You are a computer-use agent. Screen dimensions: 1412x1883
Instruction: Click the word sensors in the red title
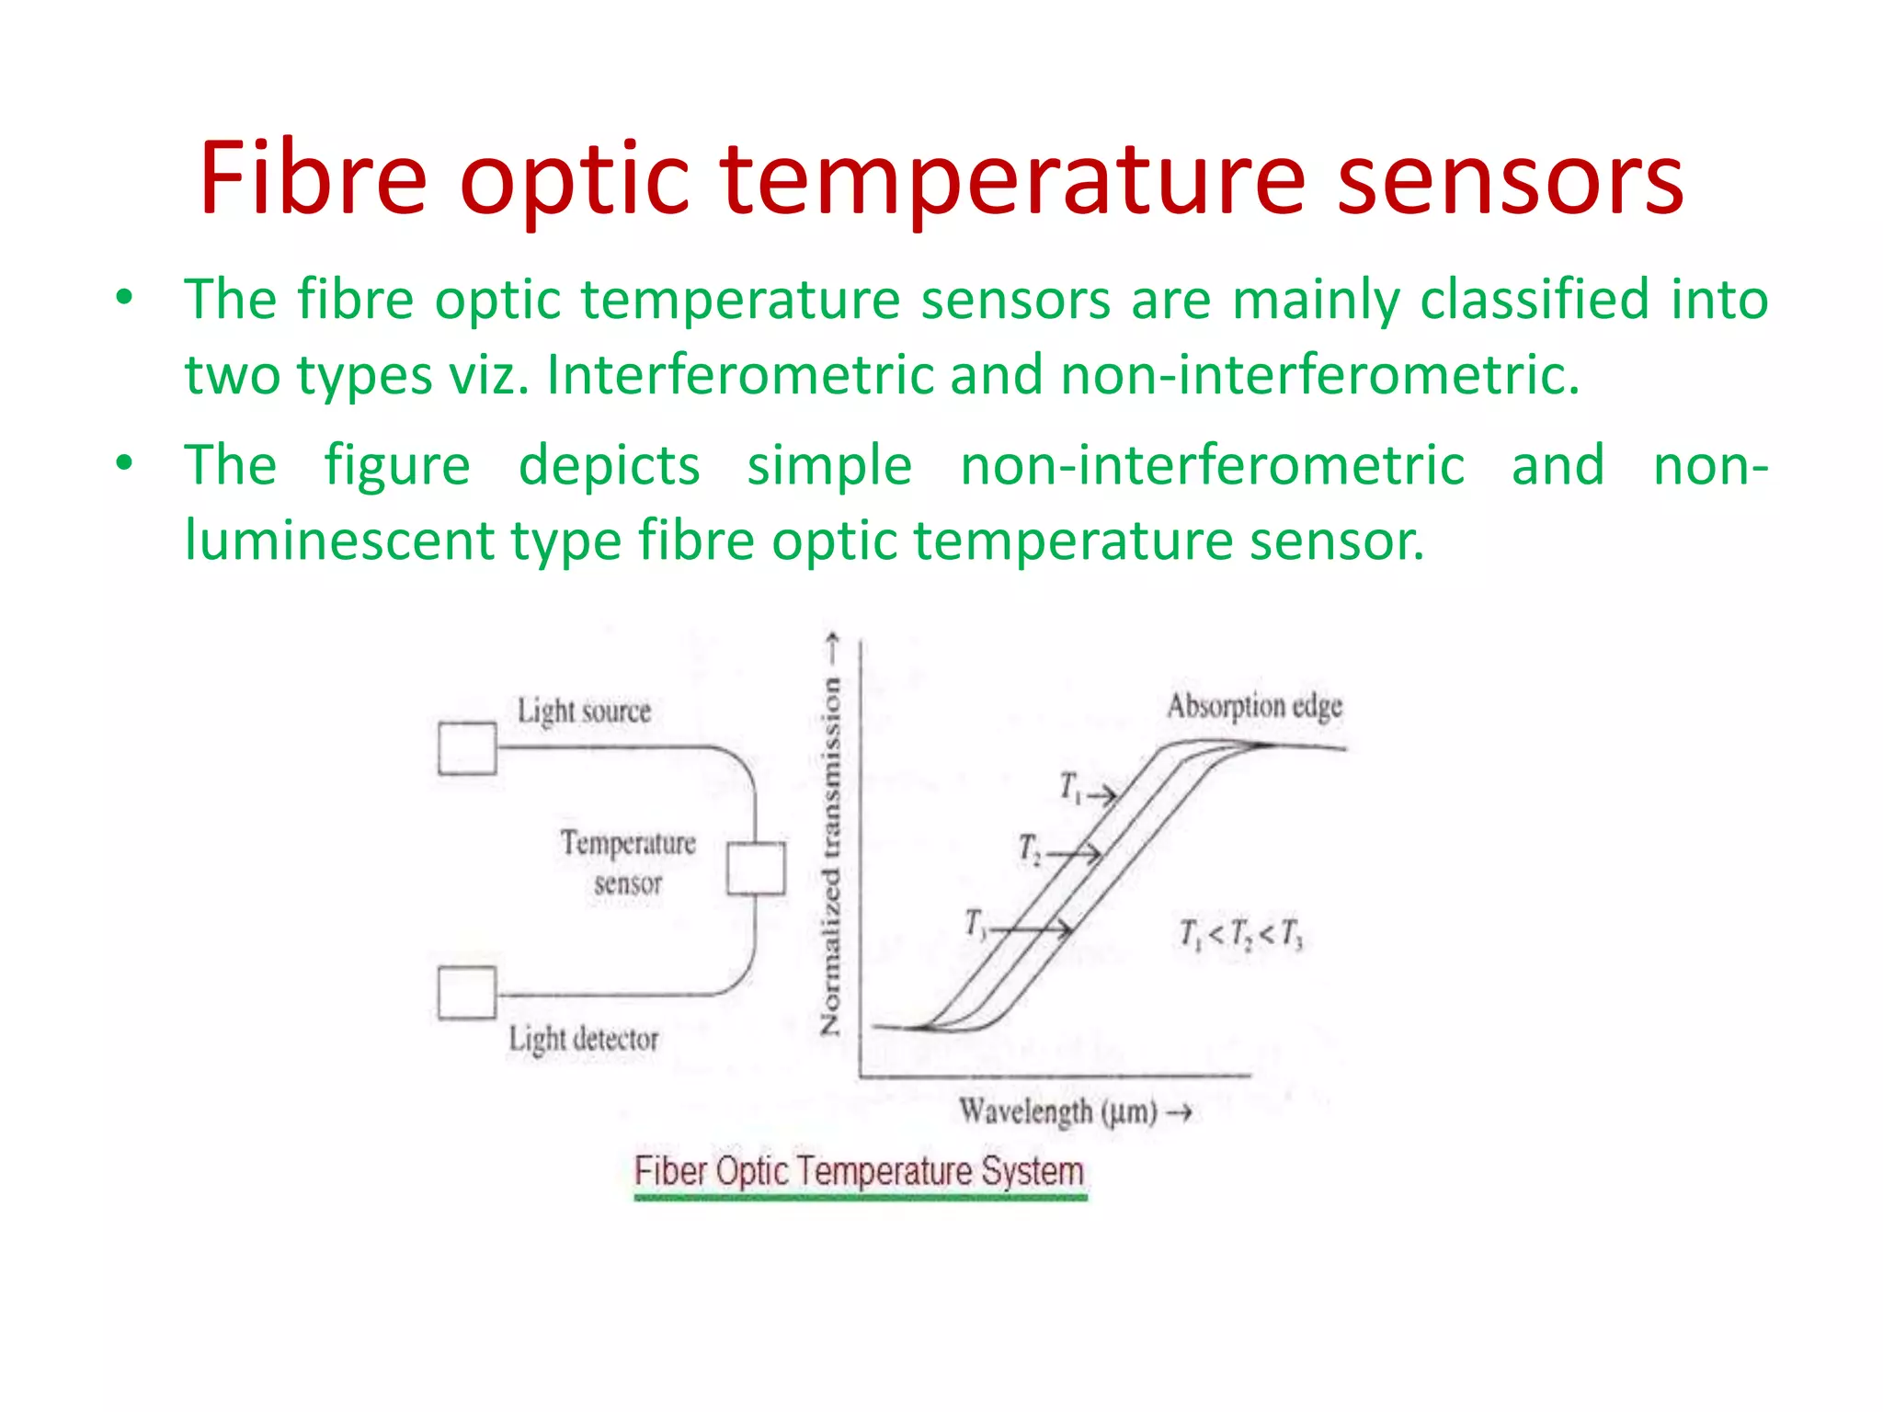coord(1510,179)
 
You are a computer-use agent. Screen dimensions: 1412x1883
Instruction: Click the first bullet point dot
coord(124,297)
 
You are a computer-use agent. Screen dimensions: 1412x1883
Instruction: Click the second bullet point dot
coord(124,462)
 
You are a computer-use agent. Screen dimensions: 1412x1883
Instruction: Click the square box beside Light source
coord(467,749)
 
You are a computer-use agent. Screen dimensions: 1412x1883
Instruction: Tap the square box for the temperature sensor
coord(756,869)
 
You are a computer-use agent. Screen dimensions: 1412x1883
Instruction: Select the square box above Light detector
coord(467,993)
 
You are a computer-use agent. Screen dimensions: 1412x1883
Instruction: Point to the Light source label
coord(584,712)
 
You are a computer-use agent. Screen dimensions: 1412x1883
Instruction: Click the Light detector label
coord(584,1040)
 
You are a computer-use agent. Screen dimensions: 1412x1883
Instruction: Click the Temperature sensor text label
coord(628,862)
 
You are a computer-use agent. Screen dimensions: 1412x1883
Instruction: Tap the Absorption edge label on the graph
coord(1254,707)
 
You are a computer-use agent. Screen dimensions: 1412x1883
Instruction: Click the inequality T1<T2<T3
coord(1241,935)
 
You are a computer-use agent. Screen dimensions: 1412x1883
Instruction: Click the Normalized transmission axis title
coord(831,855)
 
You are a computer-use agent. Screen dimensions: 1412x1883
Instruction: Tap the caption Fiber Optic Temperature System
coord(859,1172)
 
